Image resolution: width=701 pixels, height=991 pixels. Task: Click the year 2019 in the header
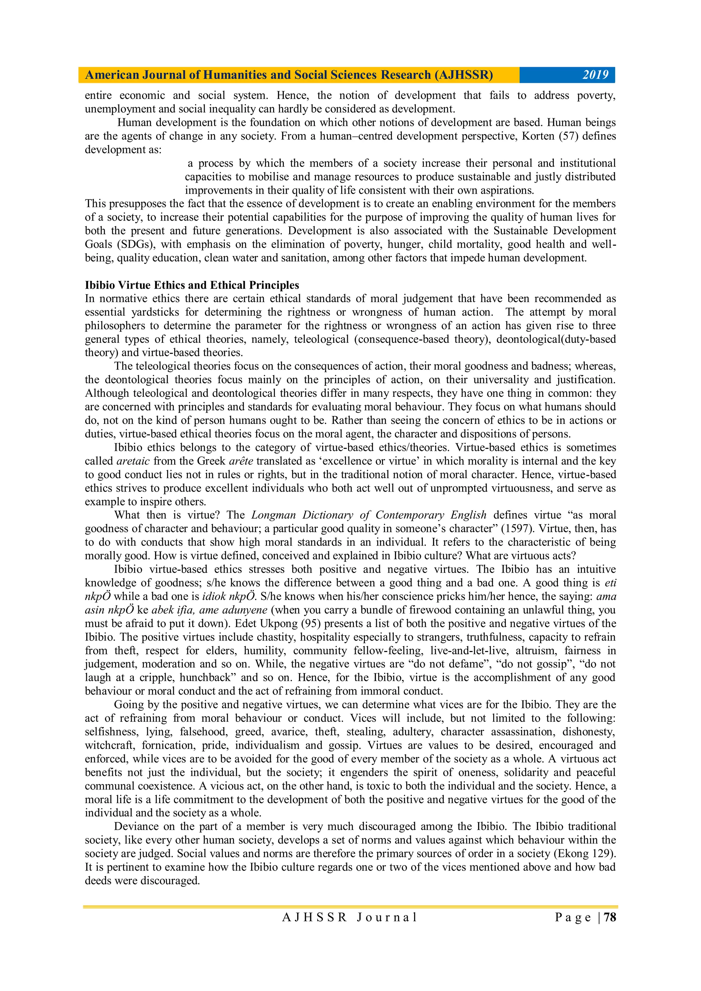[595, 75]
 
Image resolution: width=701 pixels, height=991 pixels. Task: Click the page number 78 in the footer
[610, 929]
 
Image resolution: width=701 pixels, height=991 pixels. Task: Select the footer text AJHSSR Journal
[350, 929]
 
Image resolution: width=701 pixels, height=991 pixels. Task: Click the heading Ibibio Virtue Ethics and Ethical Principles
[192, 285]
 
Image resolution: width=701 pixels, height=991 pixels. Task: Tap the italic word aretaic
[133, 461]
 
